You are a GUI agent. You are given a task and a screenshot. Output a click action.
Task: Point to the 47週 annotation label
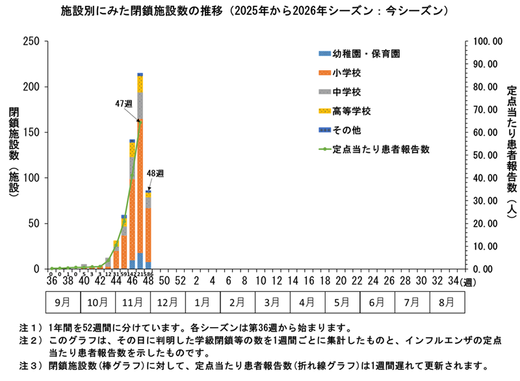(x=123, y=103)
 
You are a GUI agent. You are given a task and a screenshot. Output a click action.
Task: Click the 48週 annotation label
(x=155, y=173)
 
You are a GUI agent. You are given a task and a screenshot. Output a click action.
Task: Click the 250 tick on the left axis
(x=31, y=42)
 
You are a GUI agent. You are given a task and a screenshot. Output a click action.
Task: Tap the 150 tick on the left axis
(x=31, y=133)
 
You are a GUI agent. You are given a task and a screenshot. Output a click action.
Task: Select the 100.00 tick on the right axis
(x=488, y=42)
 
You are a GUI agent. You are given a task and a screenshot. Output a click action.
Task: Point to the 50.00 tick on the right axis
(x=488, y=155)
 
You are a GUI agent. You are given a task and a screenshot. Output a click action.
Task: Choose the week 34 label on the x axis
(x=452, y=280)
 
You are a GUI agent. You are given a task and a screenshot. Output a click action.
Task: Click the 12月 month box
(x=167, y=303)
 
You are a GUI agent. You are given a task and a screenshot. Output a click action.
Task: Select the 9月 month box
(x=62, y=303)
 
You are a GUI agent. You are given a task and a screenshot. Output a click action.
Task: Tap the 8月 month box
(x=447, y=303)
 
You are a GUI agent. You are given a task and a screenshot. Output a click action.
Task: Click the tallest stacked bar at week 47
(x=140, y=176)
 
